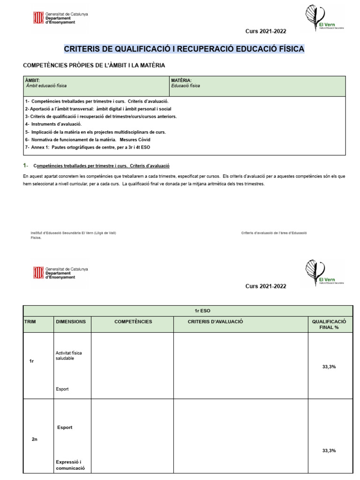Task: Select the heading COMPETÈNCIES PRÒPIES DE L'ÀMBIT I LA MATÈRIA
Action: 94,66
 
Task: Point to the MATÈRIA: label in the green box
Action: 181,81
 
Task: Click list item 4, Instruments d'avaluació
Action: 53,124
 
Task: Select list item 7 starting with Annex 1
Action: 88,148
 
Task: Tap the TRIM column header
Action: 30,322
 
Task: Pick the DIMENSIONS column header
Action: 71,322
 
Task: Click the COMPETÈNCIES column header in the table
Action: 133,322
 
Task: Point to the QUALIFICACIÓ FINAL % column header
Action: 329,324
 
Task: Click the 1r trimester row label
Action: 32,361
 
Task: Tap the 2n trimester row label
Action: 34,439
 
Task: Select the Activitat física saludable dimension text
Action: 68,355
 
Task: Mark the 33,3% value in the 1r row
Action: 329,367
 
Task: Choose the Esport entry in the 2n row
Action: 65,427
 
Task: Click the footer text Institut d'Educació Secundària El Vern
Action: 73,233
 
